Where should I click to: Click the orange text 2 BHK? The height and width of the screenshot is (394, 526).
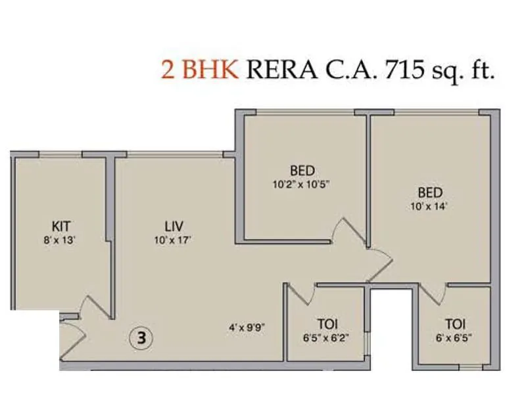[199, 70]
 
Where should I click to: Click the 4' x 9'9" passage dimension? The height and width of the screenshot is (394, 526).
[247, 326]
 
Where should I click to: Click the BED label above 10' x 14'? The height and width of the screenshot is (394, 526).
[430, 192]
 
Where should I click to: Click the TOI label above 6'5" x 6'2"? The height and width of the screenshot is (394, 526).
[327, 324]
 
